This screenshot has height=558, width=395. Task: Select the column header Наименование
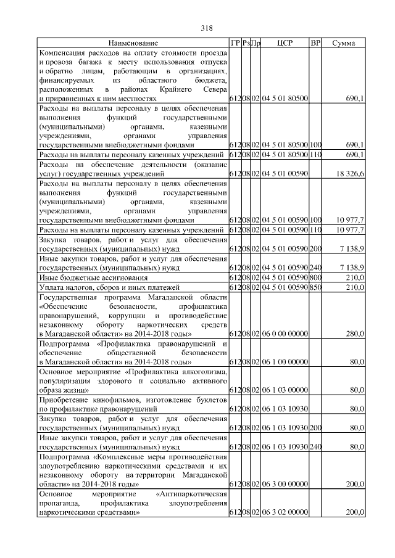(x=133, y=43)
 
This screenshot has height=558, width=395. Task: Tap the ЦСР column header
(x=285, y=43)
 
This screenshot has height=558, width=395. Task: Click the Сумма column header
(x=343, y=43)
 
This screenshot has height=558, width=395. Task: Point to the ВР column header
(x=315, y=43)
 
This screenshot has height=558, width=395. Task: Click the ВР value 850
(x=315, y=287)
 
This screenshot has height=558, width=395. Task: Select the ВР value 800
(x=315, y=277)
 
